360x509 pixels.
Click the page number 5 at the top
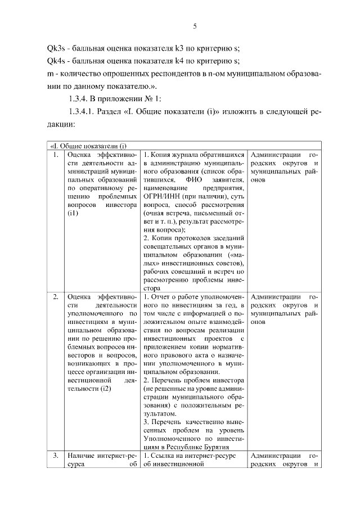tap(194, 26)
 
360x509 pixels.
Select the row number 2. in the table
tap(55, 296)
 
